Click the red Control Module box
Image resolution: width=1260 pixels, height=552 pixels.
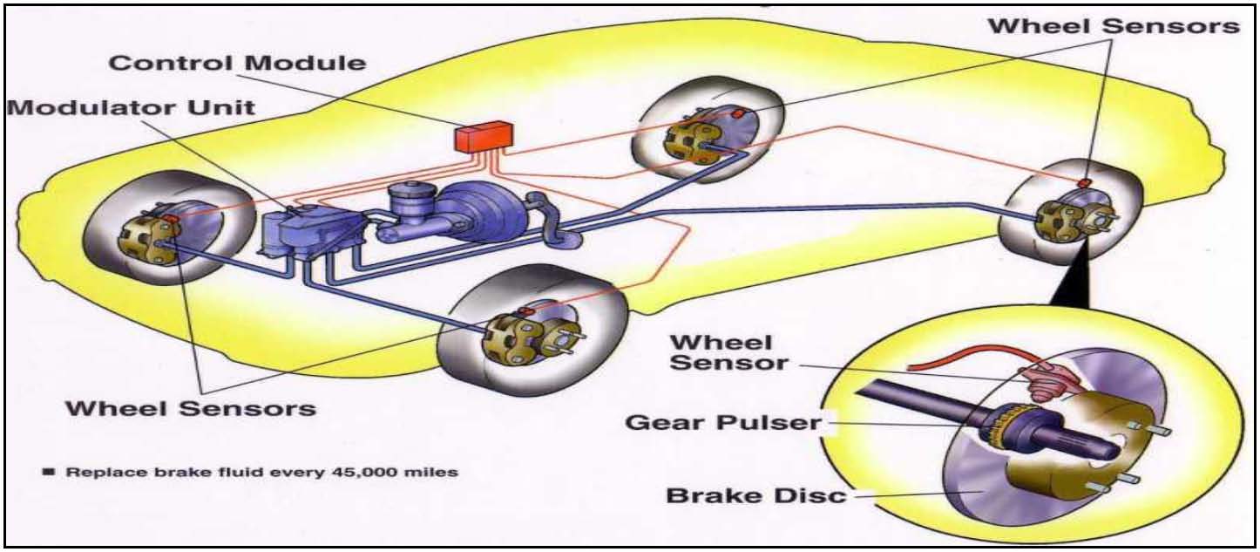tap(484, 136)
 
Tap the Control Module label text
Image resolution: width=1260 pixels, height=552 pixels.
tap(237, 63)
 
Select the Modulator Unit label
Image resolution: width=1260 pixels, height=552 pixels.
tap(131, 107)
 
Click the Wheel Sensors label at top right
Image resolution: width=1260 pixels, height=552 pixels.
tap(1113, 26)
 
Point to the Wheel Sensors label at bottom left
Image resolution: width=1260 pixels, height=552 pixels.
tap(191, 407)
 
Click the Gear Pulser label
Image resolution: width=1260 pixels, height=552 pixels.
tap(723, 423)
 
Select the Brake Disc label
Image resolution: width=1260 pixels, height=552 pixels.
tap(756, 495)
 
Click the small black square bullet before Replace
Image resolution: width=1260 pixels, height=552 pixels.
tap(49, 472)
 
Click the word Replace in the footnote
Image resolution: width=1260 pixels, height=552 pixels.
tap(97, 472)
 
